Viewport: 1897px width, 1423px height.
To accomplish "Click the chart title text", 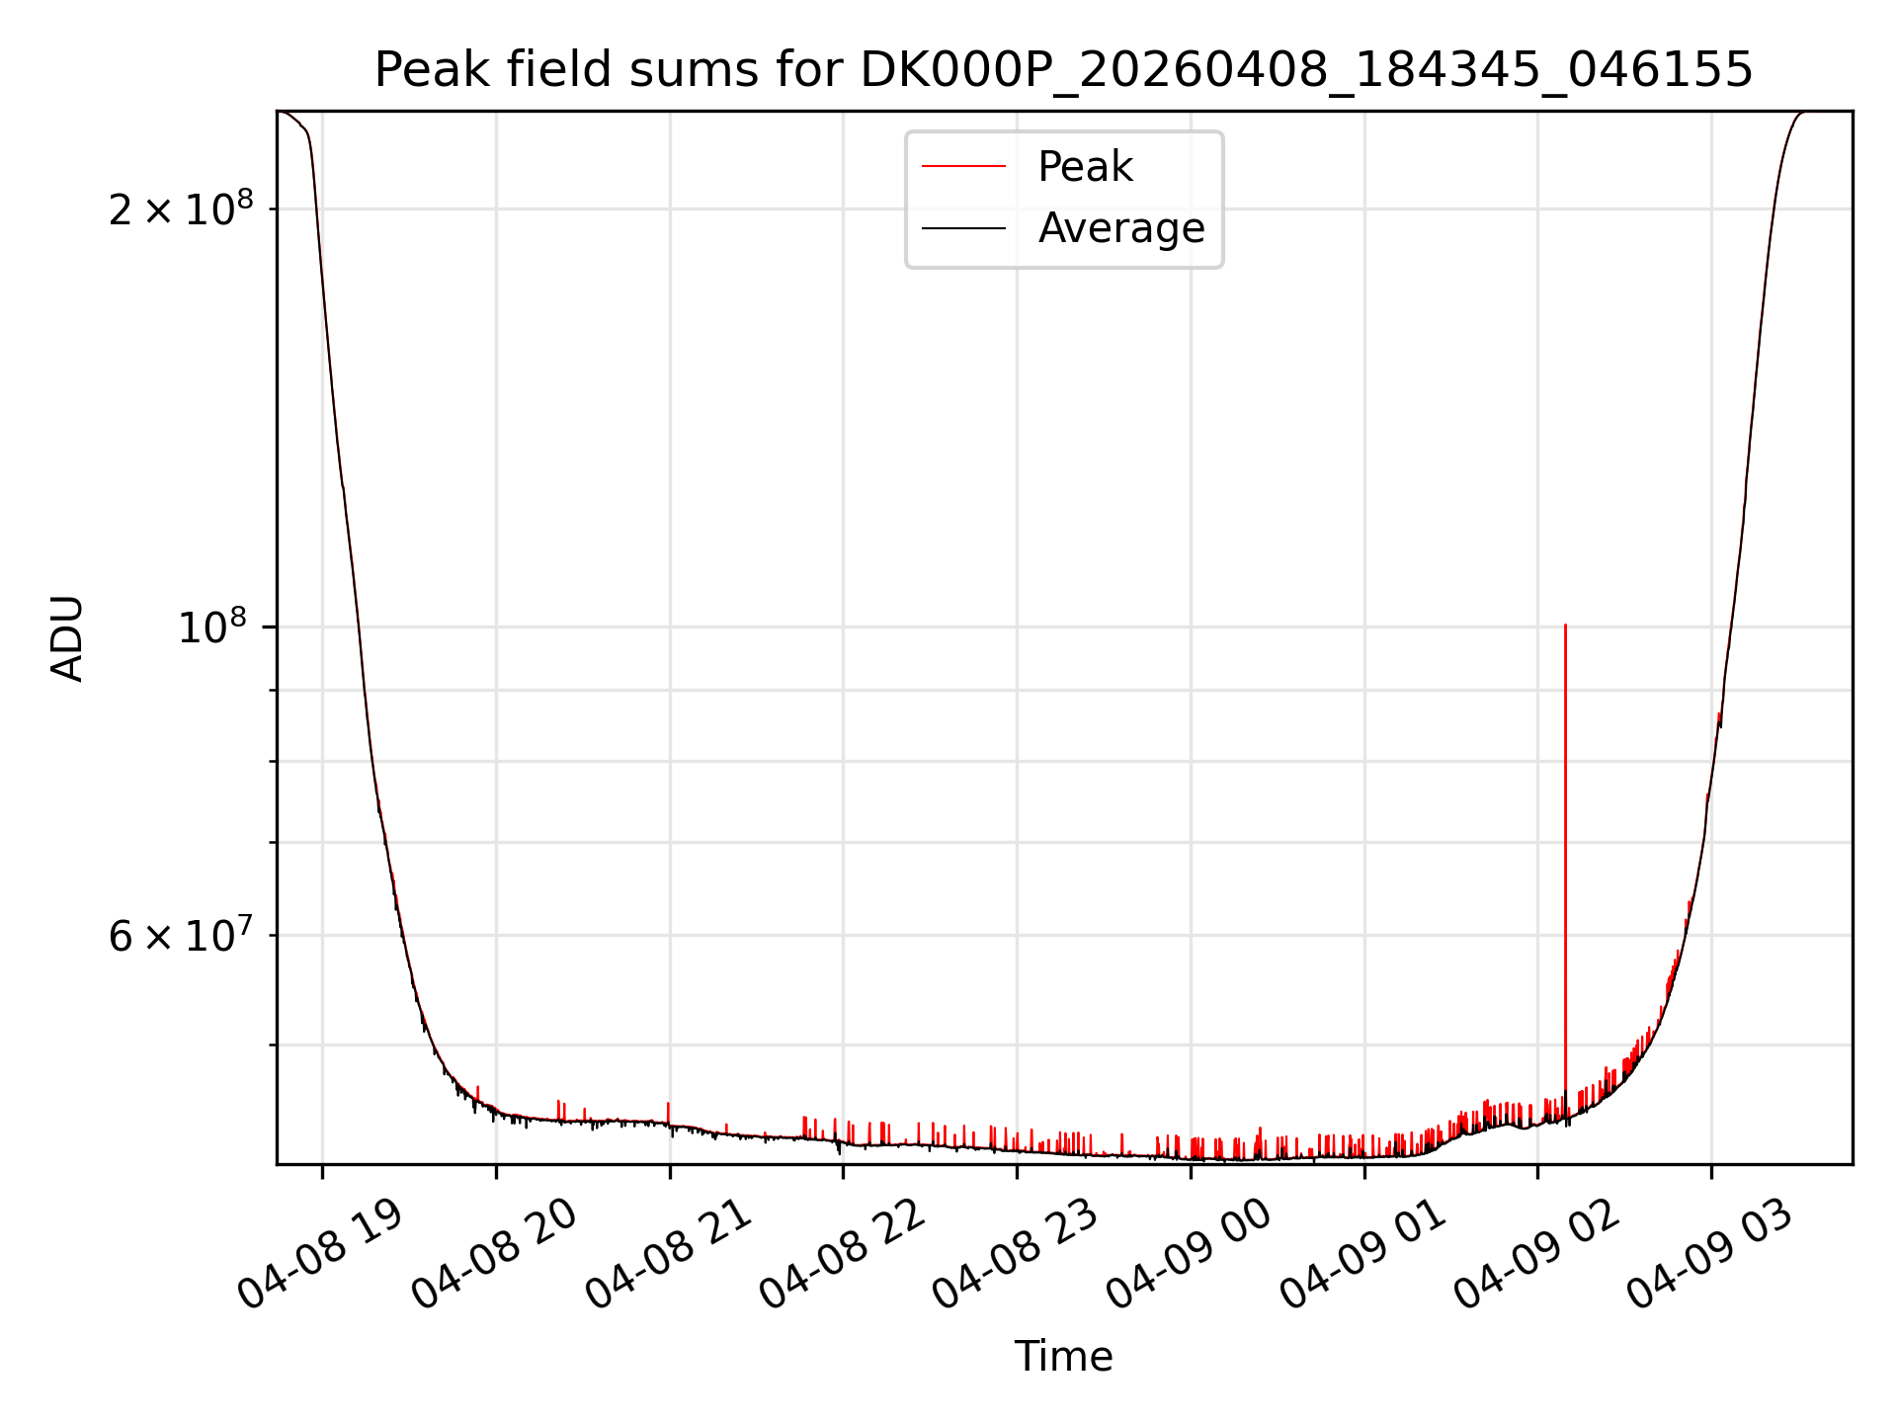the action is (1064, 70).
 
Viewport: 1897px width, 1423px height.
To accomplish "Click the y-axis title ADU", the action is (67, 638).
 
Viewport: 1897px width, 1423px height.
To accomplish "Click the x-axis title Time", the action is (1064, 1357).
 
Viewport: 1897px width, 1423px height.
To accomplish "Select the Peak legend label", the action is (1085, 167).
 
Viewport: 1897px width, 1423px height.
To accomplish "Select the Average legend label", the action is (1121, 228).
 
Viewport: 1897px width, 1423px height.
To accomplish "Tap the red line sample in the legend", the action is (964, 166).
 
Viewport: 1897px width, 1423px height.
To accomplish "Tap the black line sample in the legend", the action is (964, 228).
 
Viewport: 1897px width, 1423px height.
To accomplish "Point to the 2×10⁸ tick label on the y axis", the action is (181, 209).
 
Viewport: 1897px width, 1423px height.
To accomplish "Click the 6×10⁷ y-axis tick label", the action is (181, 935).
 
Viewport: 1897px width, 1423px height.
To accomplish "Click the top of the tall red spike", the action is (1565, 626).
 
